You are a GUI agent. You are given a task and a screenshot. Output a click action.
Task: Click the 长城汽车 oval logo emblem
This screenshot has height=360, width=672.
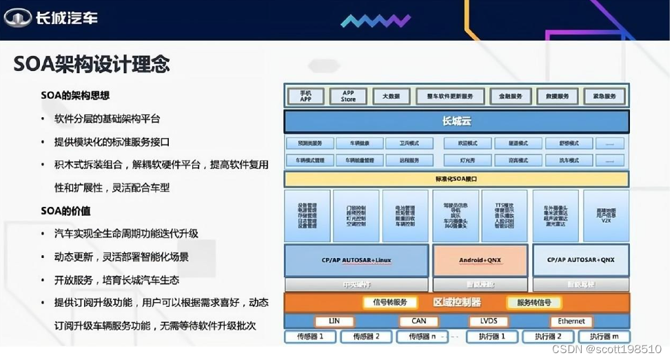point(19,17)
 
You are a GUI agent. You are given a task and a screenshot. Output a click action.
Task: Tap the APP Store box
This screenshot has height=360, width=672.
point(348,96)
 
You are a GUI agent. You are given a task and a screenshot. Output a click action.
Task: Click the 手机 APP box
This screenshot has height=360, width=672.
point(305,96)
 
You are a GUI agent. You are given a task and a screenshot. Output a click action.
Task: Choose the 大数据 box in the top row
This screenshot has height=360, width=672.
point(391,96)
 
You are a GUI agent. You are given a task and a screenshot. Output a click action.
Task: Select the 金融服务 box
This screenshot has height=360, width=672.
point(511,96)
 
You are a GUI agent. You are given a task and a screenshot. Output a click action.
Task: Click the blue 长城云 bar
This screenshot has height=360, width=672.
point(456,121)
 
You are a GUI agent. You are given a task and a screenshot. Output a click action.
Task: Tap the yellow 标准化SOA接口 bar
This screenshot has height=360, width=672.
point(456,179)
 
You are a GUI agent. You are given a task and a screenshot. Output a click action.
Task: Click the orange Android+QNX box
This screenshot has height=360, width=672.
point(480,260)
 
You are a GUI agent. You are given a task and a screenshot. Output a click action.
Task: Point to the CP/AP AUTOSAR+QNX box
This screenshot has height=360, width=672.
point(580,260)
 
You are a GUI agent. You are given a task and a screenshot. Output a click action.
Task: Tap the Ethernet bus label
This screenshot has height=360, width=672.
point(571,321)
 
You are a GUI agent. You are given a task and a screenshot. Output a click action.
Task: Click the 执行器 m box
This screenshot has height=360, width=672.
point(604,337)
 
